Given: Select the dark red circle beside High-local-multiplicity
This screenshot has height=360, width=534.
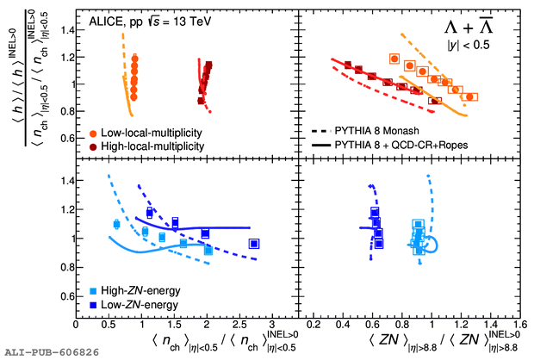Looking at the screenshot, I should coord(92,146).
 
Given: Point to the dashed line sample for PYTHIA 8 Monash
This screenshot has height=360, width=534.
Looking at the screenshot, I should coord(322,131).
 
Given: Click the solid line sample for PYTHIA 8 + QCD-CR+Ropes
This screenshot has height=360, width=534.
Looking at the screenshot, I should coord(322,145).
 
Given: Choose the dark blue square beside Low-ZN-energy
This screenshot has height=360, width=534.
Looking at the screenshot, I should coord(92,305).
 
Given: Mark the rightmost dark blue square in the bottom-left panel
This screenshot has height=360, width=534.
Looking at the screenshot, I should coord(254,244).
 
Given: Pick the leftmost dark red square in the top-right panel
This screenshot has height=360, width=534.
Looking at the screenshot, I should coord(348,65).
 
